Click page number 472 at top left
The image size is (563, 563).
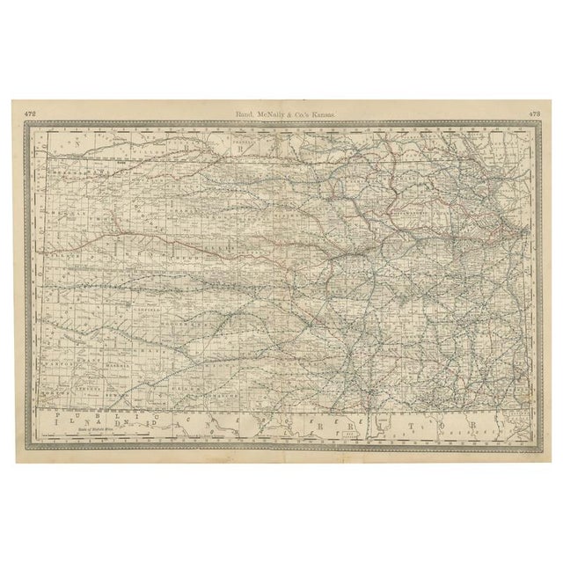30,113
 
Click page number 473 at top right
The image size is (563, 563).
534,113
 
